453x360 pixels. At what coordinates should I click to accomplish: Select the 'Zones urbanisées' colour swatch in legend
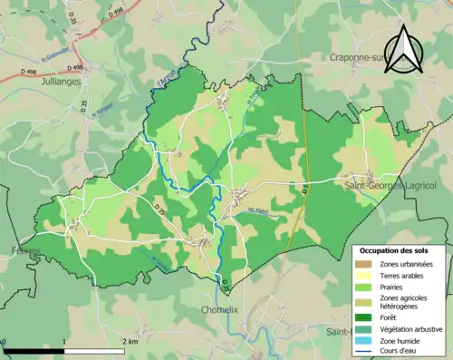coord(368,263)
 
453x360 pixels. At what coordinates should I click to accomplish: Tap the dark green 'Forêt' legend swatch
coord(368,316)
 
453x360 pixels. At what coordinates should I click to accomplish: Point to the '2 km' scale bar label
coord(130,342)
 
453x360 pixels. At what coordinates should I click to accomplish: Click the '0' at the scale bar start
coord(4,342)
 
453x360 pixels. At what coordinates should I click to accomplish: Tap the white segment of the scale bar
coord(94,351)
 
